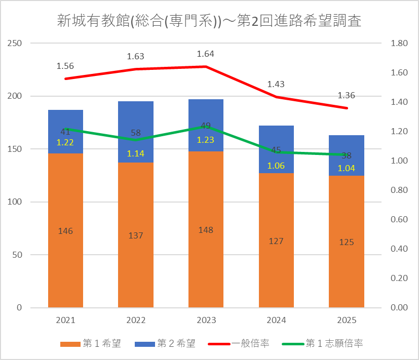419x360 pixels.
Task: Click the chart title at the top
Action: pos(209,21)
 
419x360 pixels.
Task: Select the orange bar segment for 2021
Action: pos(65,230)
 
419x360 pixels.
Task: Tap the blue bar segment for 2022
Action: pos(136,132)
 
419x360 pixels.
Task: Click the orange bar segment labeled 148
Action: pos(206,229)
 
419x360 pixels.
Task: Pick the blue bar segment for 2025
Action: pos(347,155)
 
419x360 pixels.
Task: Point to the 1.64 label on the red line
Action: pos(206,54)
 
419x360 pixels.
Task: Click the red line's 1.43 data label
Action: pos(276,85)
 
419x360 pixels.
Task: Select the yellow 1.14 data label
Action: pos(135,153)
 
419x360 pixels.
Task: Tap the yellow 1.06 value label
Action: pos(276,166)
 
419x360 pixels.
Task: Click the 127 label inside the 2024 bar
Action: pos(276,241)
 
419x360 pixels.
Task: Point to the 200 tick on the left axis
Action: pos(14,96)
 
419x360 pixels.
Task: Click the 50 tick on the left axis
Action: pos(17,255)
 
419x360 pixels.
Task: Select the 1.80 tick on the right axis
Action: pos(399,43)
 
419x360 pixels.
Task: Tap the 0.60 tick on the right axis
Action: pos(399,220)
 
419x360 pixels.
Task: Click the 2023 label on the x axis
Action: pos(206,320)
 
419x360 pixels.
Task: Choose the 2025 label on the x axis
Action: pos(347,320)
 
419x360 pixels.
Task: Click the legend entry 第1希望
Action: pos(91,343)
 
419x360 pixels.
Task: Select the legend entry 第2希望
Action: pos(165,343)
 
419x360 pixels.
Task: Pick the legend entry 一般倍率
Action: pos(239,343)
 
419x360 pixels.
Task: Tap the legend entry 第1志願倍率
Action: pos(323,343)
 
